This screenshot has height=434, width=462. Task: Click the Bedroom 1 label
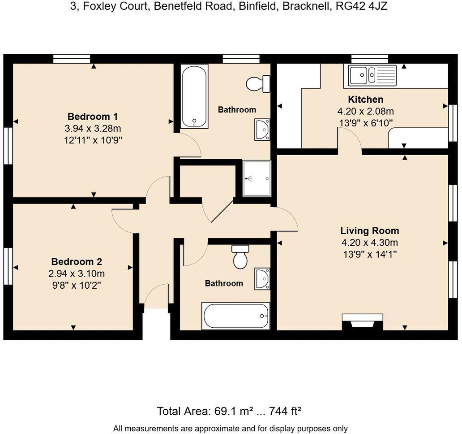[93, 117]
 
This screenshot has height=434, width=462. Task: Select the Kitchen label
[365, 100]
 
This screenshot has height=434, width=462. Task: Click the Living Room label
[369, 231]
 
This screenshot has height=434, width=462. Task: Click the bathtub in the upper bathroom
[194, 96]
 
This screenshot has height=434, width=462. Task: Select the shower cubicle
[257, 178]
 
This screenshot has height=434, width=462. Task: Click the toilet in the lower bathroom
[240, 257]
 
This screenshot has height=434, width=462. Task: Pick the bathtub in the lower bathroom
[235, 316]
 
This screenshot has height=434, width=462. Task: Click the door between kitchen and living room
[350, 140]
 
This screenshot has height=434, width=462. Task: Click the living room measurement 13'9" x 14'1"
[369, 254]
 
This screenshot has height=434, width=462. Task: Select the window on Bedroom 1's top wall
[72, 58]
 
